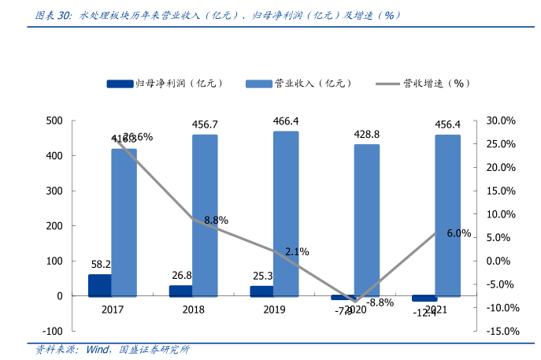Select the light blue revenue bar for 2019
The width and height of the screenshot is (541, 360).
coord(286,213)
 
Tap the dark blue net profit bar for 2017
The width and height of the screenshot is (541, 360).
coord(99,285)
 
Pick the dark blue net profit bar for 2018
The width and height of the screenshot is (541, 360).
coord(180,291)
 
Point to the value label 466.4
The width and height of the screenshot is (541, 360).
coord(286,121)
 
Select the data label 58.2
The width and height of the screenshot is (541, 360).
coord(101,265)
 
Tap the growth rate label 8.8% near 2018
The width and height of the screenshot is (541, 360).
coord(216,221)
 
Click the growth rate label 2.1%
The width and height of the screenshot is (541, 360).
coord(297,251)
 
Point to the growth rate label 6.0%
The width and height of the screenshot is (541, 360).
coord(458,233)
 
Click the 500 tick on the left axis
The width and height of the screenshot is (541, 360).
coord(54,121)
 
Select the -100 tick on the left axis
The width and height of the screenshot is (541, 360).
coord(52,331)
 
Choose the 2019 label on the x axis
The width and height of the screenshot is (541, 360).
coord(274,310)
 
